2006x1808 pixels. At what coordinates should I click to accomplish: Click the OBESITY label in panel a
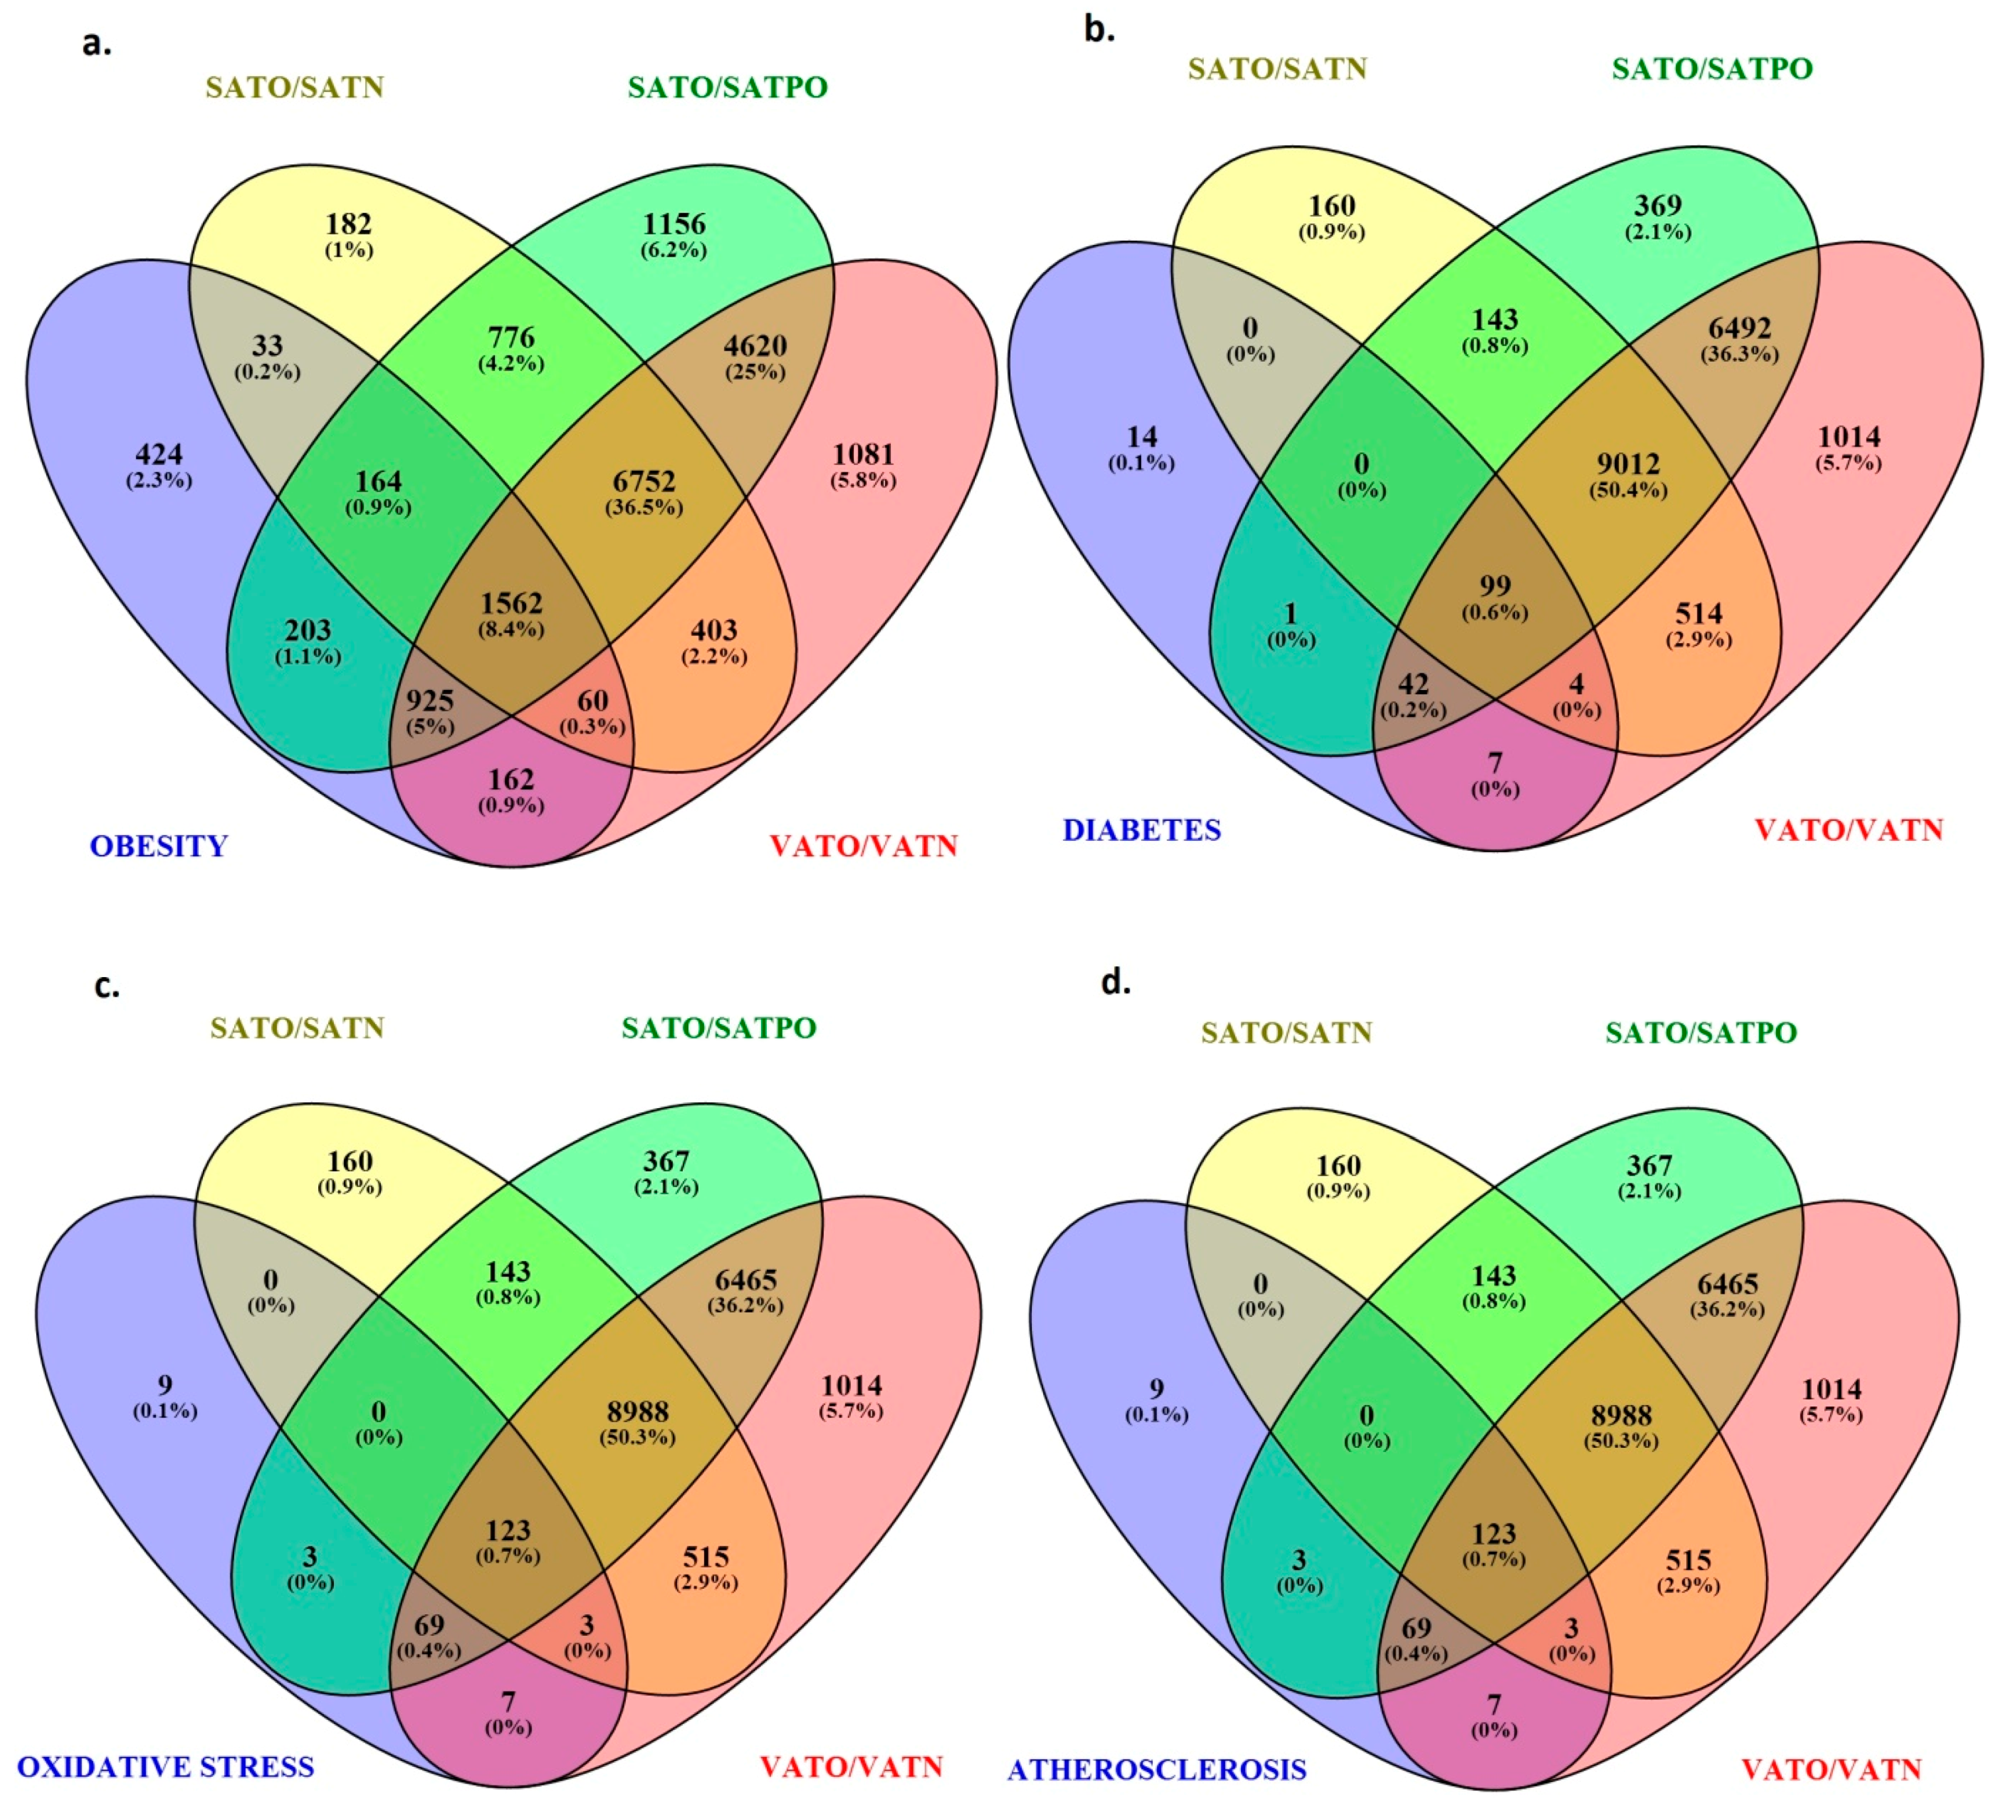(x=159, y=847)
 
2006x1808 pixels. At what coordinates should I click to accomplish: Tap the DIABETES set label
(x=1142, y=830)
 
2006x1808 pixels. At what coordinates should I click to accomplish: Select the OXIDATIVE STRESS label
(x=166, y=1766)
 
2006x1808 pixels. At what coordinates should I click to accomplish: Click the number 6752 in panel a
(x=645, y=482)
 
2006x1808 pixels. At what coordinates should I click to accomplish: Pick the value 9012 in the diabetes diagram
(x=1629, y=464)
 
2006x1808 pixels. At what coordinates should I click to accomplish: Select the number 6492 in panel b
(x=1740, y=328)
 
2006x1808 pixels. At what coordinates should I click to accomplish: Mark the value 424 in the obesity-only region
(x=159, y=455)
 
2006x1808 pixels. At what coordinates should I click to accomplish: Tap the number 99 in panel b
(x=1495, y=587)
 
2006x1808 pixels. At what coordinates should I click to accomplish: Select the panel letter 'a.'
(x=96, y=43)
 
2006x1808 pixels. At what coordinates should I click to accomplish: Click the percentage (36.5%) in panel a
(x=645, y=507)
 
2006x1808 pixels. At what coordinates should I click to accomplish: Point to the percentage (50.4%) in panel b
(x=1629, y=490)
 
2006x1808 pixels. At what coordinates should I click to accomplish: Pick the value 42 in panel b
(x=1413, y=684)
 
